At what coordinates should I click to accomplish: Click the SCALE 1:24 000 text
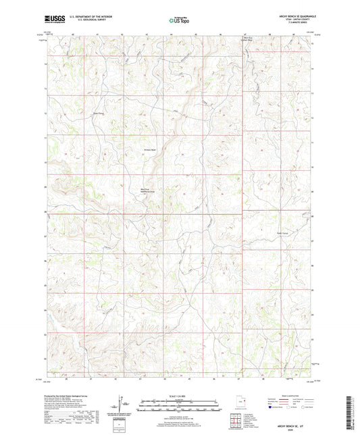tap(180, 396)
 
